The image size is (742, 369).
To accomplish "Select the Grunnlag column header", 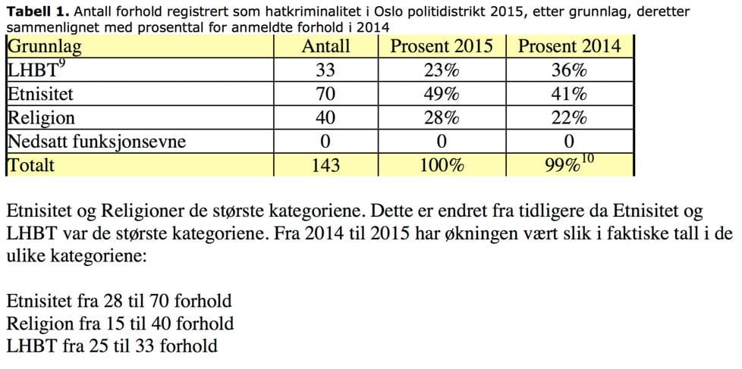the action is point(45,46).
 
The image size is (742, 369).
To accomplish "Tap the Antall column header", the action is point(326,46).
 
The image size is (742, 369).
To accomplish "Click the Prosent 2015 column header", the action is point(442,46).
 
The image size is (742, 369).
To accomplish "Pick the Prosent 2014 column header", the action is point(569,46).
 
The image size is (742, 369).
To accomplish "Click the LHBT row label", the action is point(33,70).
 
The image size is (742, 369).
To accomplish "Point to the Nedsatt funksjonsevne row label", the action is point(96,142).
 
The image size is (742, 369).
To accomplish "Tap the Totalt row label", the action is point(31,165).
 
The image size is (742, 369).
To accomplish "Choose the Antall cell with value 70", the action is point(325,95).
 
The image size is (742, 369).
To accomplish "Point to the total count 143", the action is point(325,165).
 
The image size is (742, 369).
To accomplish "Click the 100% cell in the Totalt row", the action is point(441,165).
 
